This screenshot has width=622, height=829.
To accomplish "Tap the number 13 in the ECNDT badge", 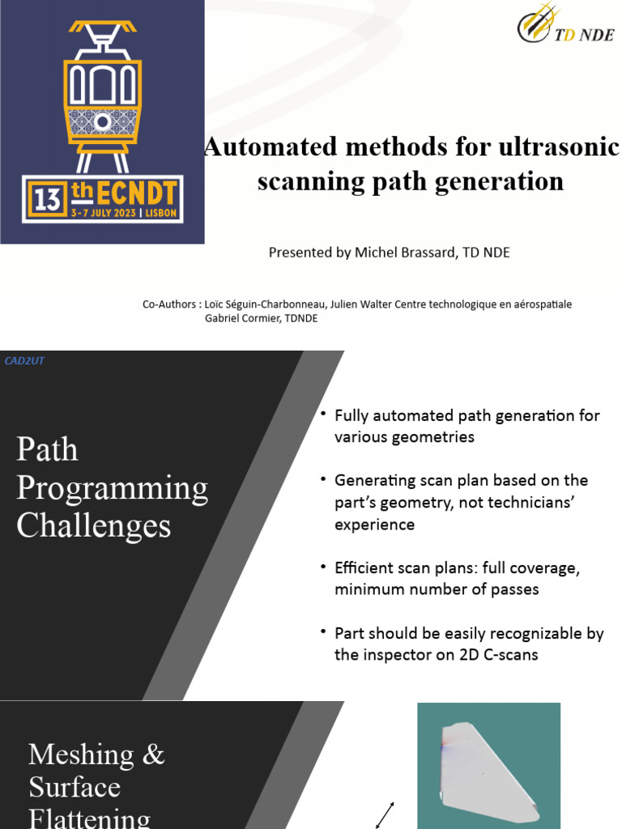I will tap(49, 198).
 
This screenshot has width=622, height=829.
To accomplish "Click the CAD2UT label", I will tap(24, 361).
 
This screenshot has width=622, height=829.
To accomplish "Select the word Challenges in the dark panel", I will tap(93, 526).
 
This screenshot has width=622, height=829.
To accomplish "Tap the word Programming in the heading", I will tap(112, 488).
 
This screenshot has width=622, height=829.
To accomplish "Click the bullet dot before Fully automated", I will tap(323, 414).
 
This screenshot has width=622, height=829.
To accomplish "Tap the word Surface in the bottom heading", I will tap(75, 787).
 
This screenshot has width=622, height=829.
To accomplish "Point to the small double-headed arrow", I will tap(385, 815).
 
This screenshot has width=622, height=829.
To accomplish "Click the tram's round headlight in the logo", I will tap(102, 122).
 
